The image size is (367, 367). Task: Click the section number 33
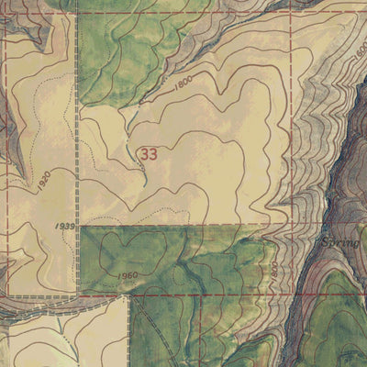[x=149, y=154]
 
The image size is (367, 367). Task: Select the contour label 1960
[x=128, y=274]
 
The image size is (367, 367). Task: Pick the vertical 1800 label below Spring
[x=273, y=272]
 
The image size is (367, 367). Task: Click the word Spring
[x=339, y=244]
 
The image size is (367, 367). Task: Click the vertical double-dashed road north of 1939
[x=78, y=138]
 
